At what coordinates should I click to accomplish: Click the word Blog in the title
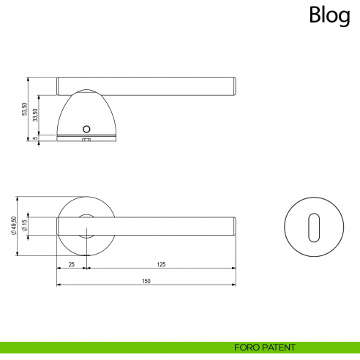pyautogui.click(x=329, y=15)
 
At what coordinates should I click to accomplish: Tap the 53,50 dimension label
pyautogui.click(x=25, y=109)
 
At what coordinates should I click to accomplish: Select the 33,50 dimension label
pyautogui.click(x=37, y=115)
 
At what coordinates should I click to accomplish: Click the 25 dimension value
pyautogui.click(x=71, y=264)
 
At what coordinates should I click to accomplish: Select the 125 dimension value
pyautogui.click(x=160, y=264)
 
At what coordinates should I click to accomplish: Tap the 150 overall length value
pyautogui.click(x=146, y=281)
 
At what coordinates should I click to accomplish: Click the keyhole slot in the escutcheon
pyautogui.click(x=314, y=225)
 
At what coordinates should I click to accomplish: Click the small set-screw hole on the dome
pyautogui.click(x=87, y=125)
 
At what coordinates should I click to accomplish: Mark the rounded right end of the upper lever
pyautogui.click(x=233, y=85)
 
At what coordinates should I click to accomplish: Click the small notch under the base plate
pyautogui.click(x=86, y=139)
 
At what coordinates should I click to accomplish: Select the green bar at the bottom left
pyautogui.click(x=110, y=347)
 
